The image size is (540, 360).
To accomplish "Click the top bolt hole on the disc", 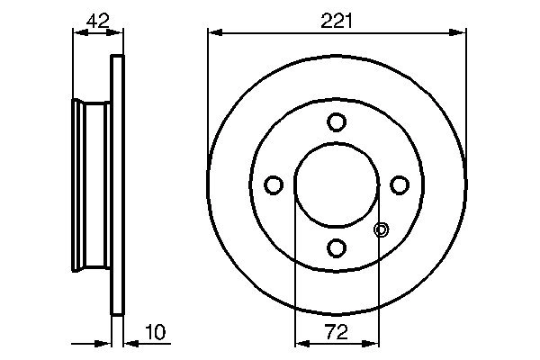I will [337, 121].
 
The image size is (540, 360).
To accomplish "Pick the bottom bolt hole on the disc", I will [337, 247].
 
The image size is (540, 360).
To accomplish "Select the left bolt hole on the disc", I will [274, 184].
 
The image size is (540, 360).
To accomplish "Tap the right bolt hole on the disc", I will [400, 184].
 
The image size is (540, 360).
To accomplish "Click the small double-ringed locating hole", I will [380, 230].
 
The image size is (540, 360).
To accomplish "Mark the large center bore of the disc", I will [337, 184].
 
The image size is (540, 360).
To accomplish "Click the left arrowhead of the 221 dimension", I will [213, 32].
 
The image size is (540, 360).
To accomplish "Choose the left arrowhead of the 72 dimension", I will [301, 343].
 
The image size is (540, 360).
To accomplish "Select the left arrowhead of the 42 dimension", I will [76, 32].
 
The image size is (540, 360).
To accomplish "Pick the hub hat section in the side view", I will [90, 184].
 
